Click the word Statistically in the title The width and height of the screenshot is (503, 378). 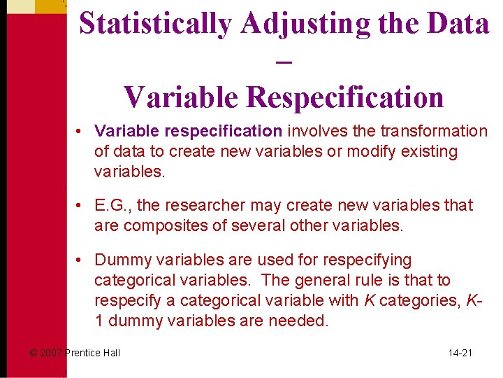(155, 24)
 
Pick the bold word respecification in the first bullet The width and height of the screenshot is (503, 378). (235, 131)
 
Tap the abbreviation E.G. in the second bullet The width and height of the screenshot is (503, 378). (112, 206)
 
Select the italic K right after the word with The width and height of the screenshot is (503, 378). (367, 301)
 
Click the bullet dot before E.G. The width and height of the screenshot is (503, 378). (82, 206)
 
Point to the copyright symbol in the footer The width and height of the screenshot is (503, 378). (33, 353)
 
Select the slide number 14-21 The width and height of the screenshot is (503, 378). (460, 353)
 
